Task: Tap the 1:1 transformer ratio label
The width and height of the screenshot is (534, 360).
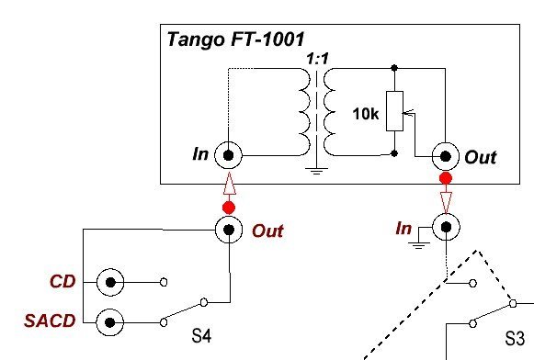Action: pyautogui.click(x=318, y=58)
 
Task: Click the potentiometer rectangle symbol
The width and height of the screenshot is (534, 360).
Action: pyautogui.click(x=393, y=111)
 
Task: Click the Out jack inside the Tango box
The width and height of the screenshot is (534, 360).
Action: pyautogui.click(x=446, y=155)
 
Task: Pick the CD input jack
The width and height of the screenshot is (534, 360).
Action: pyautogui.click(x=111, y=282)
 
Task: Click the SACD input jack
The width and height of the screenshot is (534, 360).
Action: pyautogui.click(x=111, y=321)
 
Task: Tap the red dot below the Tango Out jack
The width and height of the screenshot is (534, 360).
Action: pyautogui.click(x=446, y=177)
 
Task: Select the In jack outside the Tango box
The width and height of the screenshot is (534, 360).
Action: pyautogui.click(x=446, y=225)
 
